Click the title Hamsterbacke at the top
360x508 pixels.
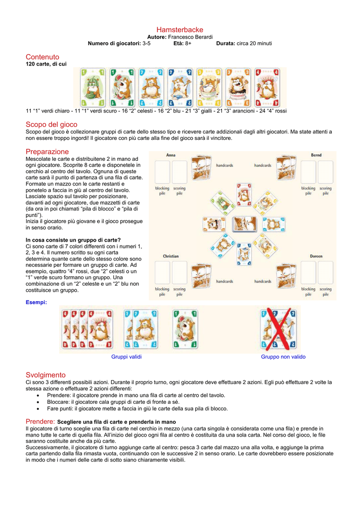[x=180, y=30]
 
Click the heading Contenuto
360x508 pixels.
[x=42, y=57]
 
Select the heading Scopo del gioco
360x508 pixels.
[x=51, y=124]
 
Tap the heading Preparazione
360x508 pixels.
[x=47, y=151]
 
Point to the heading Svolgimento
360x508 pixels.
[x=45, y=375]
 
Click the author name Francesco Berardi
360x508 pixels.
[x=191, y=37]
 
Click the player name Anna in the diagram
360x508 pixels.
[x=170, y=155]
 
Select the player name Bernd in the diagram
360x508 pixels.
[x=316, y=155]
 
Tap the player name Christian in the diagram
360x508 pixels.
[x=171, y=256]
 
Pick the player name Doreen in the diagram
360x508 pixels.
[x=316, y=256]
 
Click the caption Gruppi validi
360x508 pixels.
[x=127, y=357]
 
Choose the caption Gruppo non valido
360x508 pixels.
[x=283, y=357]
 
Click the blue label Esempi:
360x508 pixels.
[x=36, y=302]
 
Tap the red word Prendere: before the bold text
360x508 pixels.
[x=41, y=421]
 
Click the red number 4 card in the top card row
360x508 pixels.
[x=268, y=86]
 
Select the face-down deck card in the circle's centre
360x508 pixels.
[x=244, y=224]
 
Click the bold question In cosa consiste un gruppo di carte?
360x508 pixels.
[x=73, y=240]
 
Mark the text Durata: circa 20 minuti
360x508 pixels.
[x=244, y=43]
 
